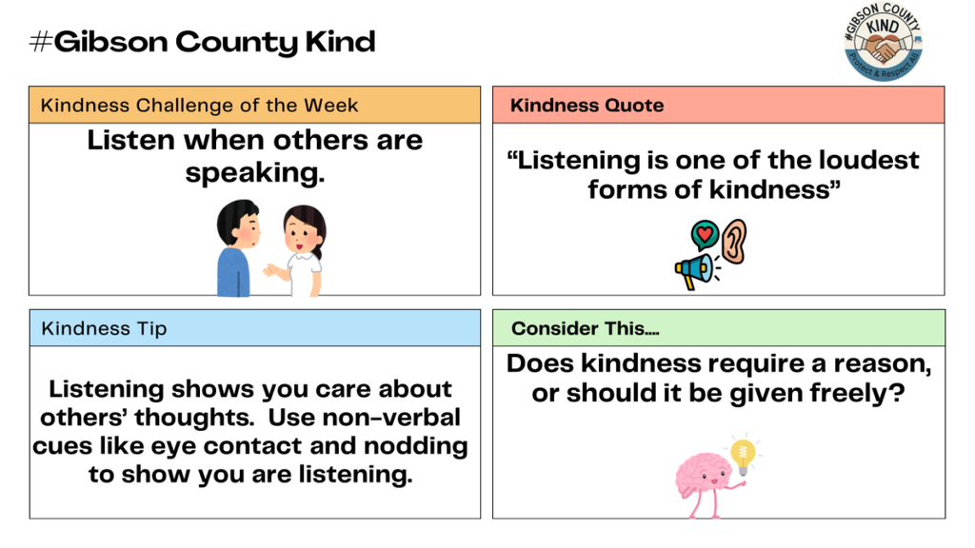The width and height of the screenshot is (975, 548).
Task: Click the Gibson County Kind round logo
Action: [x=884, y=42]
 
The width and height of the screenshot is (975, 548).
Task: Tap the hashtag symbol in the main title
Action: [x=41, y=42]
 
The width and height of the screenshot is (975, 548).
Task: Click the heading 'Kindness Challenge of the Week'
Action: [x=199, y=105]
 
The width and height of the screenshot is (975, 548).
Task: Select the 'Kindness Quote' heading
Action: [x=587, y=105]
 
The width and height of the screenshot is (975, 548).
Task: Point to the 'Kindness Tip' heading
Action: [x=104, y=328]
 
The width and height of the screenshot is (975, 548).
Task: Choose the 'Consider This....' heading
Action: [x=585, y=328]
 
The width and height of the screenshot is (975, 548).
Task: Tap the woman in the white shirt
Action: [x=301, y=251]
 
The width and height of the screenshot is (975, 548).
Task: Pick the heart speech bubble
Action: [x=704, y=234]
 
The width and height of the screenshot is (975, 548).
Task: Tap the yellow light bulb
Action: [x=743, y=454]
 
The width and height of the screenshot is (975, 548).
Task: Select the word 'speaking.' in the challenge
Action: [x=255, y=173]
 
